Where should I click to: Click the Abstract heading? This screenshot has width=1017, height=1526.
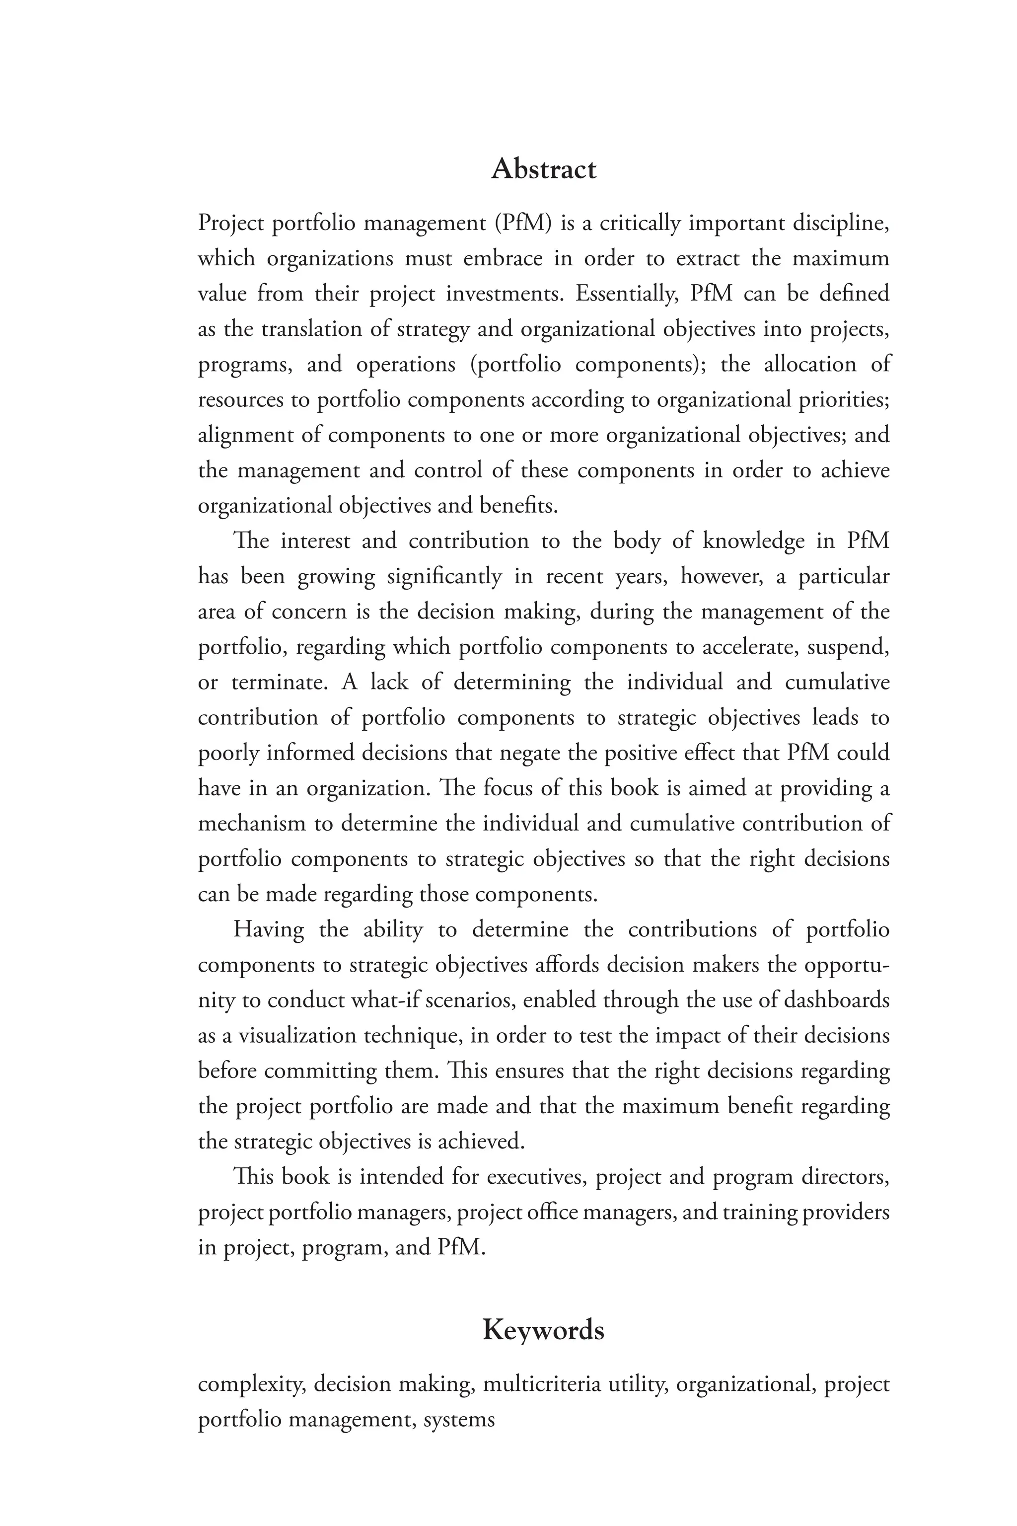pos(544,169)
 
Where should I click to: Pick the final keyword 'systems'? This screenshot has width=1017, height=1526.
pos(459,1420)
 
